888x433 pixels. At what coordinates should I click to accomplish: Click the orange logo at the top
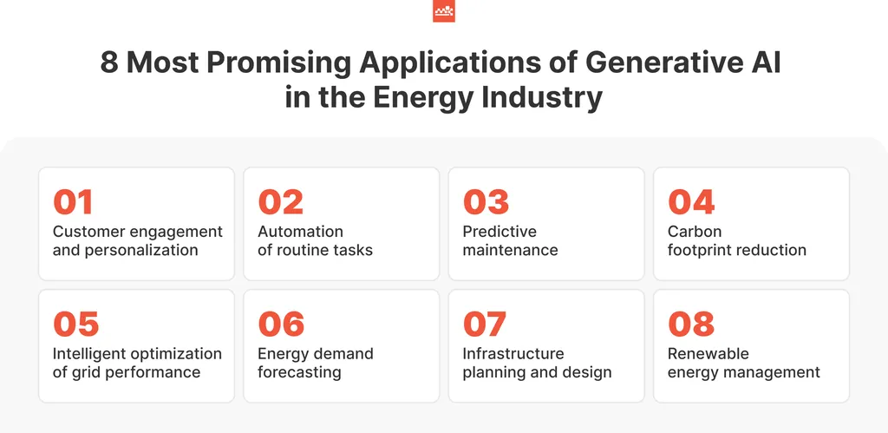[444, 11]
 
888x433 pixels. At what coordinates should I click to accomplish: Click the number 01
[73, 202]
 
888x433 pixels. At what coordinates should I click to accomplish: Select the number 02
[280, 202]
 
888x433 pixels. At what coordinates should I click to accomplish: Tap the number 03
[486, 202]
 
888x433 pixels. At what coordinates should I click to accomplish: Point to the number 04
[691, 202]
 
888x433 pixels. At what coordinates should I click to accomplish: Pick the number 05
[76, 325]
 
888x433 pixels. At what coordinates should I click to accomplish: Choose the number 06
[281, 325]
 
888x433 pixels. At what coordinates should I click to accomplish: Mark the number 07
[485, 325]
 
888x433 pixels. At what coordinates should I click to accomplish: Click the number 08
[691, 325]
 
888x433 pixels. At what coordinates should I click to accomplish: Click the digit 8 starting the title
[109, 62]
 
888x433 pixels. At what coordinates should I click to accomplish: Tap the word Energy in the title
[422, 98]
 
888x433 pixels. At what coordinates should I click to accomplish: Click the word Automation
[301, 231]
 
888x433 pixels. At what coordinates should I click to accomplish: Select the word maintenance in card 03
[510, 250]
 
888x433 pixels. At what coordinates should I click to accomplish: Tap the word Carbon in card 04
[695, 231]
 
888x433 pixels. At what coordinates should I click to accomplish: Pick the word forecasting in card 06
[299, 372]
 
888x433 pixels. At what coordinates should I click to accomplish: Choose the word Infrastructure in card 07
[513, 354]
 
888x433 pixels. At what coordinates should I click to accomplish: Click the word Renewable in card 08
[708, 354]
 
